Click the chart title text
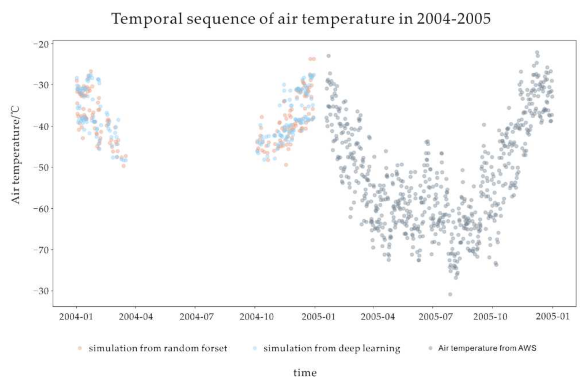pos(301,19)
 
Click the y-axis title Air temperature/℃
pos(15,155)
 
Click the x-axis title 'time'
pos(305,373)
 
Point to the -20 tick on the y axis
pos(41,44)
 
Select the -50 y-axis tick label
pos(41,167)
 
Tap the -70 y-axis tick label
pos(41,250)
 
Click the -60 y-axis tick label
pos(41,208)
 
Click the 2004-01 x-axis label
pos(76,317)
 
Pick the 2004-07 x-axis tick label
pos(196,317)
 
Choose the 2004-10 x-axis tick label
pos(256,317)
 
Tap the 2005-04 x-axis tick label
pos(377,317)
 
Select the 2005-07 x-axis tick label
pos(435,317)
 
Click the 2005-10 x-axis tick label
pos(490,317)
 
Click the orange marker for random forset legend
pos(80,348)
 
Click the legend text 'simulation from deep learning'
pos(332,348)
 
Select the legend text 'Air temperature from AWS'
pos(487,348)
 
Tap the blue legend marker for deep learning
pos(255,348)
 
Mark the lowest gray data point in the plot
pos(450,294)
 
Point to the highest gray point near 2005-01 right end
pos(537,52)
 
